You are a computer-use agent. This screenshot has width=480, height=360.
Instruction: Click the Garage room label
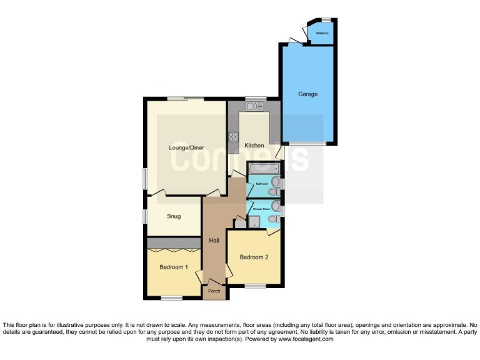tap(307, 94)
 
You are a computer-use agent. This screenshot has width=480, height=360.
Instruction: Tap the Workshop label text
tap(322, 32)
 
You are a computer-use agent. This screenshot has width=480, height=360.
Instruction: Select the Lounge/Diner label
tap(186, 148)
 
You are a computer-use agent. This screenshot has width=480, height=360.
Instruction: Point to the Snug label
tap(174, 216)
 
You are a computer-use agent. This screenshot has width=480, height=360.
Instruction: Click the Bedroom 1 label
tap(173, 267)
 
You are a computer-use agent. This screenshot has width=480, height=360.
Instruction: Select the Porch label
tap(214, 291)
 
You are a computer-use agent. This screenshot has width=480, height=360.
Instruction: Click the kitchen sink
tap(256, 107)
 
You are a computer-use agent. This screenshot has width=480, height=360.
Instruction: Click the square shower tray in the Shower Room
tap(254, 221)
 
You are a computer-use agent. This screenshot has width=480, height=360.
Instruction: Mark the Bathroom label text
tap(261, 184)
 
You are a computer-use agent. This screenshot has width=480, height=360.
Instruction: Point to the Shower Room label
tap(261, 209)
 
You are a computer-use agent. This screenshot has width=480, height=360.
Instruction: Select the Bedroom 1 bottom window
tap(171, 297)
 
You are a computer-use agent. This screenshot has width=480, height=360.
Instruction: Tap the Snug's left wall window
tap(144, 216)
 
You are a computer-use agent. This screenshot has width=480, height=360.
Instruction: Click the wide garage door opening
tap(307, 144)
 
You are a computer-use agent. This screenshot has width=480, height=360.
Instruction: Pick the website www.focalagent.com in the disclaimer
tap(306, 339)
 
